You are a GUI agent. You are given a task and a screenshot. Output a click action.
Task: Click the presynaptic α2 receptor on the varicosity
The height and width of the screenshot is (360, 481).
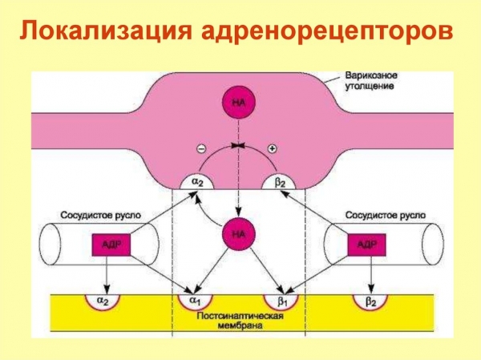(x=196, y=182)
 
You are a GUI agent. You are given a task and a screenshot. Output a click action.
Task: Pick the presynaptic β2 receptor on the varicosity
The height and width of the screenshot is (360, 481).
(x=280, y=182)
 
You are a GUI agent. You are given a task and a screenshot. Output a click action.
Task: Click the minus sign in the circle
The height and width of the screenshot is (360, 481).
(x=200, y=149)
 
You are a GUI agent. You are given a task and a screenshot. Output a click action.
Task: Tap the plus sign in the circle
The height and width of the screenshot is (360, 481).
(x=272, y=149)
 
